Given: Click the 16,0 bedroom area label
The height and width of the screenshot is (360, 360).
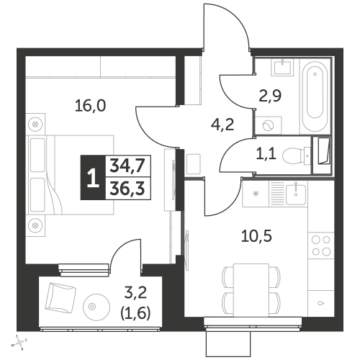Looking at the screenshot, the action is click(90, 106).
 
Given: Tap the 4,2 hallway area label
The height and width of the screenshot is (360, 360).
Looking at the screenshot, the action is click(222, 125).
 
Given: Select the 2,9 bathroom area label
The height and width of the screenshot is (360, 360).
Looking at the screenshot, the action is click(270, 96).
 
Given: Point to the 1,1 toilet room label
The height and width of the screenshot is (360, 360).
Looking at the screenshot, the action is click(266, 154).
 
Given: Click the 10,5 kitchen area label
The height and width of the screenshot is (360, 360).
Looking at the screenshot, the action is click(256, 236).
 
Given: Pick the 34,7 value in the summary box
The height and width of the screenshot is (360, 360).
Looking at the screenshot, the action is click(127, 166).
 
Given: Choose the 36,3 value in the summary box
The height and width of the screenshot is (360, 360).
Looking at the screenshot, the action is click(127, 189).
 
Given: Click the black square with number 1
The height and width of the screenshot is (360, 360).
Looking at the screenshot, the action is click(93, 177).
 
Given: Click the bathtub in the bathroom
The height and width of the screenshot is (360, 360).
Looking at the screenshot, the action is click(315, 96).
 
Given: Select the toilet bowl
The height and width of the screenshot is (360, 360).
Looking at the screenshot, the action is click(295, 156).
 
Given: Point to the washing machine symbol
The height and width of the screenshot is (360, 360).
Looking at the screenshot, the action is click(269, 125).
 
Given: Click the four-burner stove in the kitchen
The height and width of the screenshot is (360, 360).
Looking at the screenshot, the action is click(321, 246).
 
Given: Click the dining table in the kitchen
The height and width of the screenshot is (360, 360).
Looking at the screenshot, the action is click(251, 290).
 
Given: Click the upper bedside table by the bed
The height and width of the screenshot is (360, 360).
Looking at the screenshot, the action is click(35, 125).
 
